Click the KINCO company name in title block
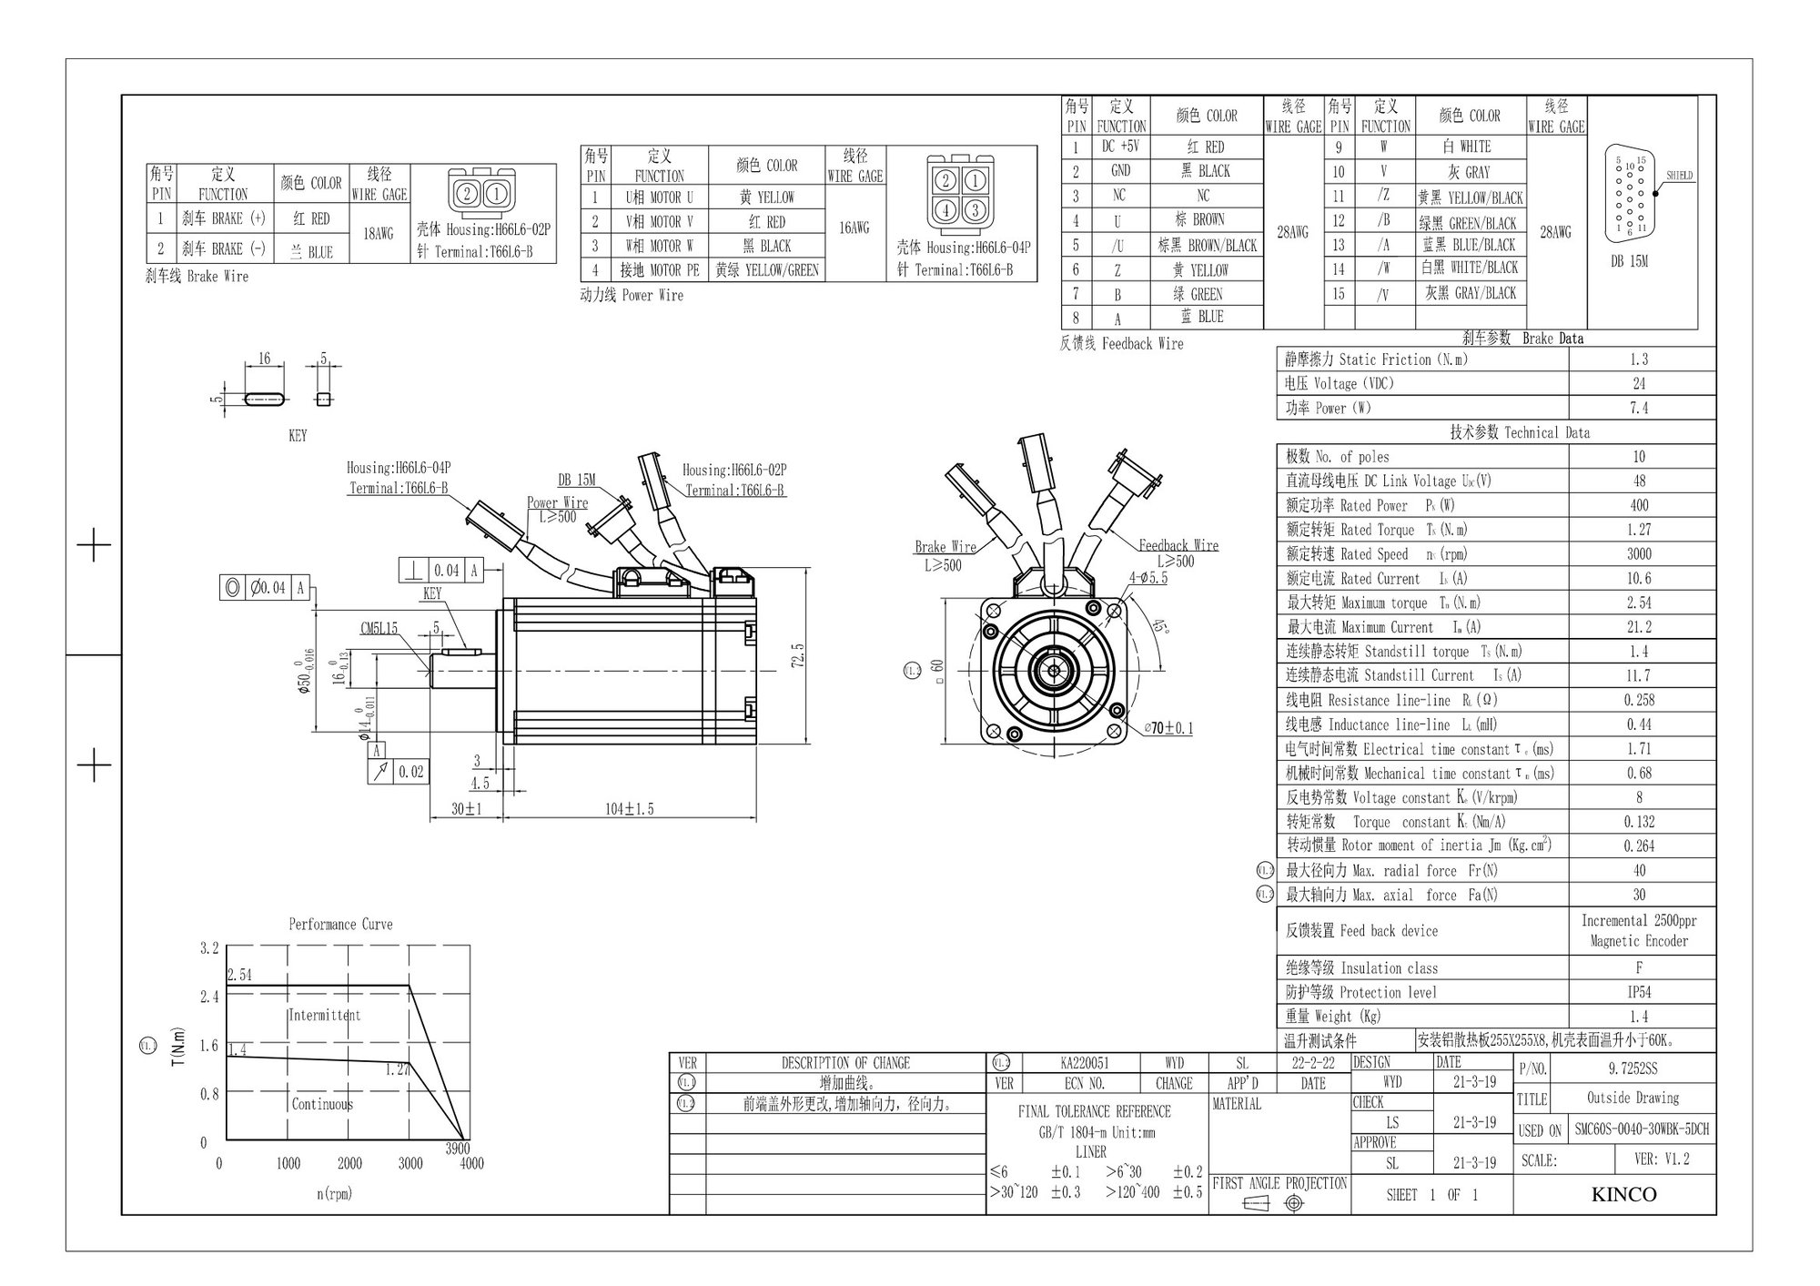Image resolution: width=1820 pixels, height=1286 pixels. pos(1623,1194)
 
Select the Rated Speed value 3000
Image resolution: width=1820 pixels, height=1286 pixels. pos(1639,553)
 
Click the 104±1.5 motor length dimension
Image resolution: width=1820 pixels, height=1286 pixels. pos(630,808)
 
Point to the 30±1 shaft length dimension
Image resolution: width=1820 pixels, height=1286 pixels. pos(467,808)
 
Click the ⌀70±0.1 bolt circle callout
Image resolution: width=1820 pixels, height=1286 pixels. pos(1168,728)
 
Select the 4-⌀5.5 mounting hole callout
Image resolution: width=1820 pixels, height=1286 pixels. pos(1148,577)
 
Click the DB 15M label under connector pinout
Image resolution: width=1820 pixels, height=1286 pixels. pos(1629,261)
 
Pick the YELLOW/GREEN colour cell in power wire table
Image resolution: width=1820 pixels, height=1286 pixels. pos(767,270)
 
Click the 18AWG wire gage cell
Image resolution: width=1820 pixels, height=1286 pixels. pos(379,234)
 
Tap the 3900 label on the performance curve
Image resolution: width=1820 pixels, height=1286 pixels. pos(458,1149)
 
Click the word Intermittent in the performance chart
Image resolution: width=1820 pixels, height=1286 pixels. pos(324,1015)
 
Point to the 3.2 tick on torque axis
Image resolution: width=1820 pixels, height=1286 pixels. pos(209,948)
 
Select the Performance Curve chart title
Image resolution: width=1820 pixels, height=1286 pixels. pos(340,924)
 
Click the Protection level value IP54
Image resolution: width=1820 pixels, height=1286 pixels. pos(1639,992)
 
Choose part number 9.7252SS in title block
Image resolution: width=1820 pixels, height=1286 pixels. pos(1633,1068)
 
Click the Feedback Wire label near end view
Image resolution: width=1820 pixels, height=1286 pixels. pos(1178,545)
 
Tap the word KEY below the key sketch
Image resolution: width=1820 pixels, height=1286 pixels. pos(298,436)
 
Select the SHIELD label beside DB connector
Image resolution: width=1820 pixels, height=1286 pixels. pos(1679,176)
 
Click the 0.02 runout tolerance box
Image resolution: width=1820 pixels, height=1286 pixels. pos(411,772)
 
